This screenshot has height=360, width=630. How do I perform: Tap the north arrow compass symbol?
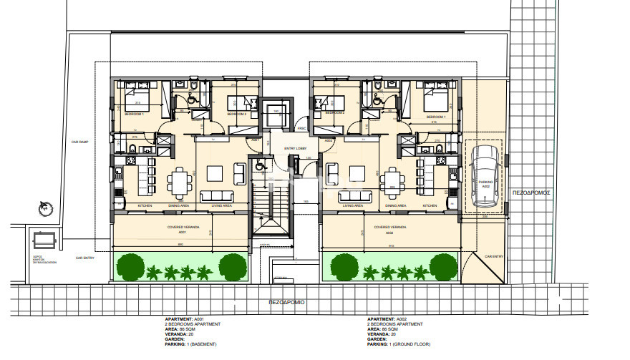pyautogui.click(x=46, y=208)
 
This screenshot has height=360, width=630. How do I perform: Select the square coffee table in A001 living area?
pyautogui.click(x=215, y=174)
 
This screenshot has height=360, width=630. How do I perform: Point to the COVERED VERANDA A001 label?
pyautogui.click(x=183, y=230)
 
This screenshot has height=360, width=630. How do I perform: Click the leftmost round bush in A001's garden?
pyautogui.click(x=129, y=267)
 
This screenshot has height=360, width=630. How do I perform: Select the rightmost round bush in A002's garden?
pyautogui.click(x=443, y=267)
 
